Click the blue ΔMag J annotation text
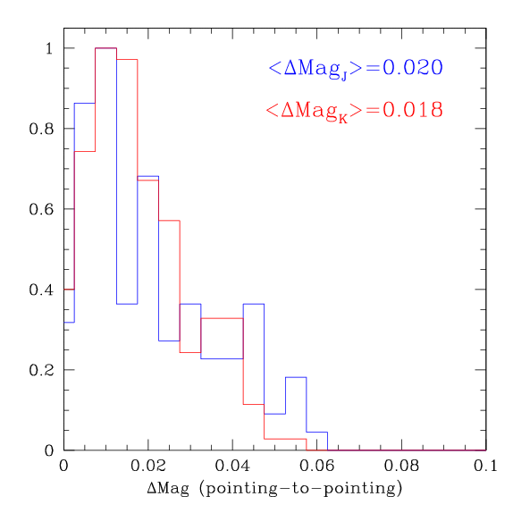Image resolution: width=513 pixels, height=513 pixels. pos(355,68)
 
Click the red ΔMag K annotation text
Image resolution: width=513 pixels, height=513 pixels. pos(354,111)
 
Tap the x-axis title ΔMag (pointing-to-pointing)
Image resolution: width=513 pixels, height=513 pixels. pos(274,489)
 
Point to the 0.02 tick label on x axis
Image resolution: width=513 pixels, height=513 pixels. pos(147,467)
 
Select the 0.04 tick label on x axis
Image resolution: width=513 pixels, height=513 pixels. pos(231,467)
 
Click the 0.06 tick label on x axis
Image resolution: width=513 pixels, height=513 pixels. pos(316,467)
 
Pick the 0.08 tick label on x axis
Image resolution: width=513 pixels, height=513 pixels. pos(400,467)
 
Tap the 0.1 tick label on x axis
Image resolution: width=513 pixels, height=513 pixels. pos(485,467)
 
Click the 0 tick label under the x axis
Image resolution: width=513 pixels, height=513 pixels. pos(63,467)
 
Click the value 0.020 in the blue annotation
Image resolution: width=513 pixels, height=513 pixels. pos(412,67)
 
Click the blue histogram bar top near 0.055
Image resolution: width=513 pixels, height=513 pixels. pos(296,377)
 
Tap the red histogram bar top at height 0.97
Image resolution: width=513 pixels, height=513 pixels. pos(127,60)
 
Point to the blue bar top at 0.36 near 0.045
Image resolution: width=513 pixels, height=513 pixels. pos(254,304)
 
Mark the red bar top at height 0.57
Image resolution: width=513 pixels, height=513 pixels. pos(169,221)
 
